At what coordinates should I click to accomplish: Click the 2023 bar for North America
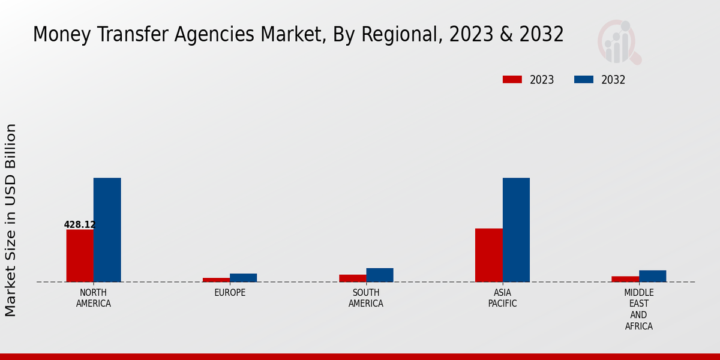coord(80,256)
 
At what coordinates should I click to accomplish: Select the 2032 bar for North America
coord(107,230)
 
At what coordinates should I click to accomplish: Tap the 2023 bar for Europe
coord(216,280)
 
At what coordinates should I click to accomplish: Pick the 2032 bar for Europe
coord(244,278)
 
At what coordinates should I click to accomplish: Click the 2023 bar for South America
coord(353,278)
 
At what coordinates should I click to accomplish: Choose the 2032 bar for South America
coord(380,275)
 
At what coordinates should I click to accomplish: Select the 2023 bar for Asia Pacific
coord(489,255)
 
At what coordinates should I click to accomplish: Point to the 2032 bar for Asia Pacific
coord(516,230)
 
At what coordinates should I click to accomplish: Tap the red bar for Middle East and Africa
coord(625,279)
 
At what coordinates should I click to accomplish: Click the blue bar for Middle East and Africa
coord(653,276)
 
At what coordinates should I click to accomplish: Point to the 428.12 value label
coord(80,225)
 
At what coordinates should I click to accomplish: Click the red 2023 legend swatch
coord(512,80)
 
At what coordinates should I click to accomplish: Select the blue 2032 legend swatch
coord(584,80)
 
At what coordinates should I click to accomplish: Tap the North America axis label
coord(94,298)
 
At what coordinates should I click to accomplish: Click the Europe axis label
coord(230,293)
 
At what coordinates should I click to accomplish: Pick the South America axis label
coord(366,298)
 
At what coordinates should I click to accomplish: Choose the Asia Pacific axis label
coord(503,298)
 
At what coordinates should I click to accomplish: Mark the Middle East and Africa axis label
coord(639,310)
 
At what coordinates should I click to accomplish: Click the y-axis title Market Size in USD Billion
coord(11,220)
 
